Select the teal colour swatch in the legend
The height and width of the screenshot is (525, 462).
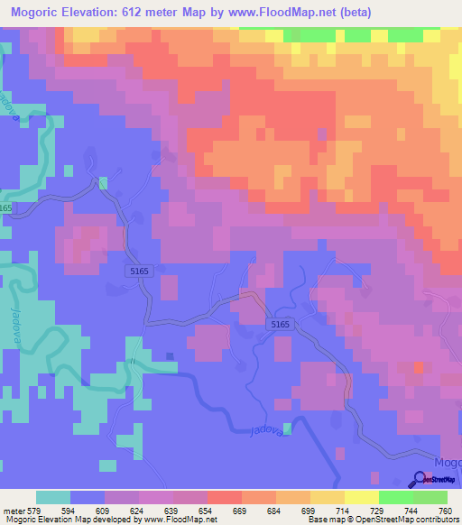pyautogui.click(x=53, y=498)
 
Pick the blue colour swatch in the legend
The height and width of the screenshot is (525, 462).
pyautogui.click(x=88, y=498)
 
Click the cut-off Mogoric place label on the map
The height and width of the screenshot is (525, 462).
pyautogui.click(x=448, y=462)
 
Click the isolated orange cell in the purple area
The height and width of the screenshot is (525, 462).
pyautogui.click(x=419, y=368)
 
